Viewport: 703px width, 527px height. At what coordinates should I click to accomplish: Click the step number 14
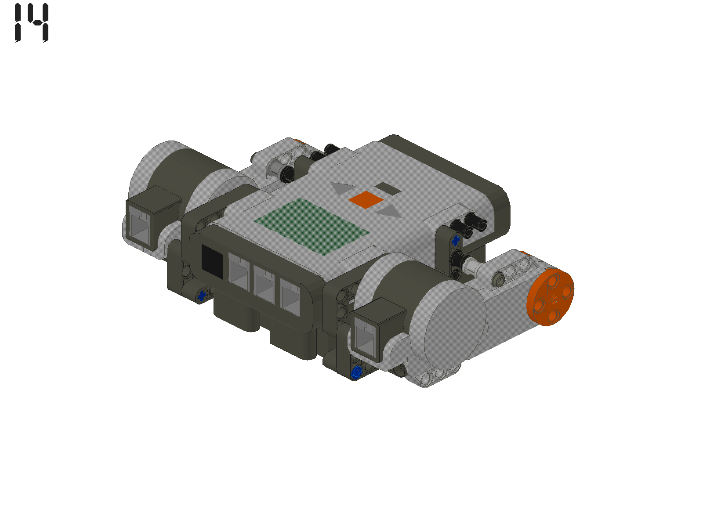click(x=32, y=23)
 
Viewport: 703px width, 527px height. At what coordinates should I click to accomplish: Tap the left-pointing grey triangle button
click(x=342, y=189)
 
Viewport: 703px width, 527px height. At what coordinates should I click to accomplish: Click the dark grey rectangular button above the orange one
click(x=388, y=189)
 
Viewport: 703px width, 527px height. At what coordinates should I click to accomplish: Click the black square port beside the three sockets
click(x=213, y=261)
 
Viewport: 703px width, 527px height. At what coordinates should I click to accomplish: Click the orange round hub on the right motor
click(x=551, y=297)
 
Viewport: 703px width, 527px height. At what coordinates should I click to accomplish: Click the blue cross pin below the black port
click(x=202, y=296)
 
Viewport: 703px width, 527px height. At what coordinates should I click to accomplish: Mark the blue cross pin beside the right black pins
click(x=455, y=240)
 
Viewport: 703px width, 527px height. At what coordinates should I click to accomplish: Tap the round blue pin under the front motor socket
click(x=357, y=373)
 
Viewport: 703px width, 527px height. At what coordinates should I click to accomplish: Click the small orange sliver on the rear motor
click(x=300, y=141)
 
